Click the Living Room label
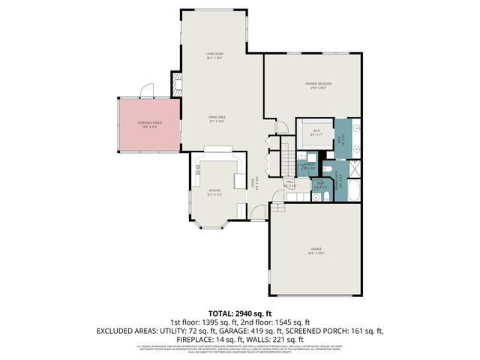(x=217, y=55)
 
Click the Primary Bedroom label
(x=318, y=84)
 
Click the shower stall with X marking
(x=354, y=168)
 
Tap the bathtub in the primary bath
(x=354, y=190)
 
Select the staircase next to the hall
(x=287, y=160)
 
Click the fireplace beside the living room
(x=178, y=84)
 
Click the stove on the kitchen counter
(x=198, y=171)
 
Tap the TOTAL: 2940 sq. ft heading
(x=239, y=313)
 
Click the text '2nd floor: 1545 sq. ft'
(x=289, y=322)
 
